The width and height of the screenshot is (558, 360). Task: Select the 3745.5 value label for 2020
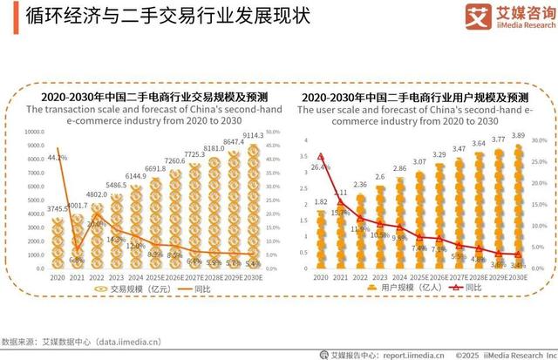tap(58, 208)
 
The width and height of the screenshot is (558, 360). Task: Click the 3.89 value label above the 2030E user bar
tap(519, 136)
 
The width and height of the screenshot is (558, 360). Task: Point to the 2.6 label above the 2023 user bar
tap(380, 177)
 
